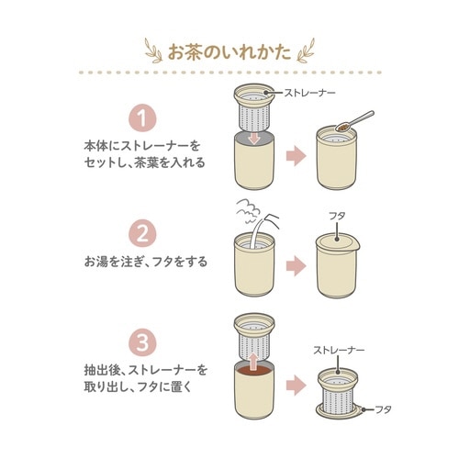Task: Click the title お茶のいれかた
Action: tap(229, 51)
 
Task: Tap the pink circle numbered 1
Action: tap(142, 118)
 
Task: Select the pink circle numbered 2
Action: tap(142, 234)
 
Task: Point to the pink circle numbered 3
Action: tap(142, 342)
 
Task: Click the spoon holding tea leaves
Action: tap(355, 121)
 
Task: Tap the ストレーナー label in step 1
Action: tap(309, 92)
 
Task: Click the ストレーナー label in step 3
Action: tap(339, 350)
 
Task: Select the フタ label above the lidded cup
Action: tap(337, 216)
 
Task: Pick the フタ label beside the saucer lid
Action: tap(383, 409)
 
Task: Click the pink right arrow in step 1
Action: tap(297, 156)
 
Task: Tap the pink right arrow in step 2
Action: tap(297, 266)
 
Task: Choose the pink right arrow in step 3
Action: tap(297, 385)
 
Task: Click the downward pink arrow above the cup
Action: tap(254, 138)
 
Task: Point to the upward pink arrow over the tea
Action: tap(253, 361)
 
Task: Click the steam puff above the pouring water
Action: tap(248, 209)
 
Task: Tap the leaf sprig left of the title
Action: tap(154, 50)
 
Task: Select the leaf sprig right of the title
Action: tap(306, 50)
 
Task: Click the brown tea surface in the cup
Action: tap(254, 370)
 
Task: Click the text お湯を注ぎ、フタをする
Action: tap(146, 262)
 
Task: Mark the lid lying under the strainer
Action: tap(338, 413)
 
